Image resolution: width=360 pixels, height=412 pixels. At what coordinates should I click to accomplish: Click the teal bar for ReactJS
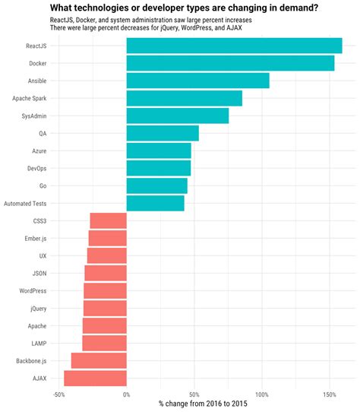coord(234,46)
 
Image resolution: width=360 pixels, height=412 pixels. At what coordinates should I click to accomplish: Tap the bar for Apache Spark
coord(184,98)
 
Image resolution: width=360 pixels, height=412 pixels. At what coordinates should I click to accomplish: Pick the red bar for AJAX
coord(95,378)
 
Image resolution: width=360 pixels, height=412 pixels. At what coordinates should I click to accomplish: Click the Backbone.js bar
coord(99,360)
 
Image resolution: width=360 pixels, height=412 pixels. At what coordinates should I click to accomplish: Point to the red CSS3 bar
coord(108,220)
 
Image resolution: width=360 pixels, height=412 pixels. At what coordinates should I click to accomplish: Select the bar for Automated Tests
coord(155,203)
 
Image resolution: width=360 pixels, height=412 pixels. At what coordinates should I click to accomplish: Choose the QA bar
coord(163,133)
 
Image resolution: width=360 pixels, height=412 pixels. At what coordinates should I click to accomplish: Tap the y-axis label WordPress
coord(33,290)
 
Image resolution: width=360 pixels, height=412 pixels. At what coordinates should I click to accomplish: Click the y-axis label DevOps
coord(36,168)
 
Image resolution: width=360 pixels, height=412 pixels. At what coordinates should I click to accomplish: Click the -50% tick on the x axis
coord(58,394)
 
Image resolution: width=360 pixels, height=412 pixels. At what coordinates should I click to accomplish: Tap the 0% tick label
coord(126,394)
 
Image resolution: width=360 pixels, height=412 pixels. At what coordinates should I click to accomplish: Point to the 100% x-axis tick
coord(262,394)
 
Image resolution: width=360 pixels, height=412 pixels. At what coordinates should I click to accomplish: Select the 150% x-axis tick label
coord(330,394)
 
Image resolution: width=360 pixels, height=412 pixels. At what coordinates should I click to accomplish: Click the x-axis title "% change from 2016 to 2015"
coord(203,403)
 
